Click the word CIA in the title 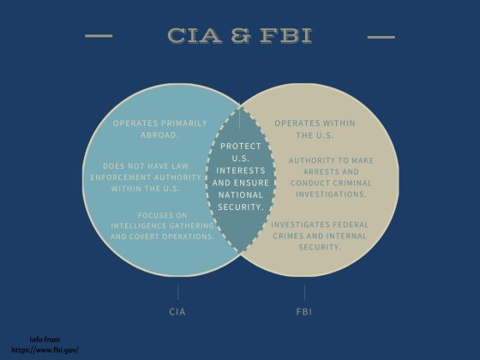coord(195,35)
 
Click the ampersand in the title coord(241,35)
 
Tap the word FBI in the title coord(286,35)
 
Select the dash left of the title coord(99,36)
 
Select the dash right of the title coord(381,37)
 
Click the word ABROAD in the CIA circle coord(159,135)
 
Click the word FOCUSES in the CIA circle coord(153,215)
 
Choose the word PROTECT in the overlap coord(241,147)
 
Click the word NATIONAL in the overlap coord(241,195)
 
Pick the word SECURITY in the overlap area coord(241,207)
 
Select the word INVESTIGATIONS coord(331,195)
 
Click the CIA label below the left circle coord(177,312)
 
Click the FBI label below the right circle coord(304,312)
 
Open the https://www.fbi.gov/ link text coord(45,350)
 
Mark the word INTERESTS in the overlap coord(241,171)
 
